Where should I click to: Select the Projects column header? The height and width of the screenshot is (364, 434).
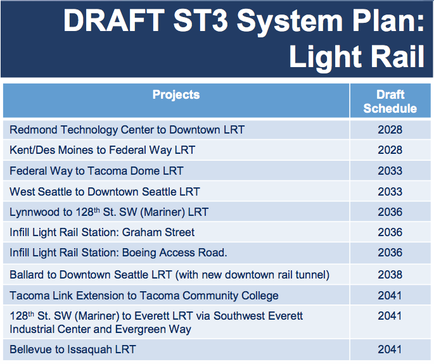coord(176,95)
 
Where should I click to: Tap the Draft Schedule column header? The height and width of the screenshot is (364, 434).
coord(390,101)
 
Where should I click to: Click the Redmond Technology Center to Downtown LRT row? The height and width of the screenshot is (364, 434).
coord(127,130)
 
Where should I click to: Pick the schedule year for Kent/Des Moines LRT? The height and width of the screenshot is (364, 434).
coord(390,150)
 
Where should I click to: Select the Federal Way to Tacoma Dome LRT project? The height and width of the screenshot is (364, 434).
coord(96,171)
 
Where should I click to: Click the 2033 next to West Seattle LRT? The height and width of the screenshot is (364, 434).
coord(390,191)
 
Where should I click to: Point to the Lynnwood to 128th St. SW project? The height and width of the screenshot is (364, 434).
coord(109,211)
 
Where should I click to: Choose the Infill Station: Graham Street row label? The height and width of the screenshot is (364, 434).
coord(102,232)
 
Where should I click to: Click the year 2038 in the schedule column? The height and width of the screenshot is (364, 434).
coord(390,275)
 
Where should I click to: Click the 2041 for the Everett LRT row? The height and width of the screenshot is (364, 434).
coord(390,315)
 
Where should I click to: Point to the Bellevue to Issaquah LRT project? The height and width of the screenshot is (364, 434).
coord(72,349)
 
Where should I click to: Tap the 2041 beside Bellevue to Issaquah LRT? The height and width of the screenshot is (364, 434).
coord(390,349)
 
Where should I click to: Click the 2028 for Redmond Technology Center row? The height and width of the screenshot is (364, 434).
coord(390,130)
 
